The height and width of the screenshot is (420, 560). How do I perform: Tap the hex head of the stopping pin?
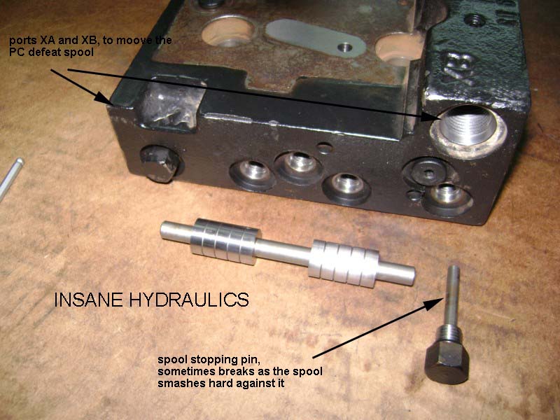pyautogui.click(x=447, y=362)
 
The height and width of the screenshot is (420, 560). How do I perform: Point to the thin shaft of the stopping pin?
pyautogui.click(x=452, y=295)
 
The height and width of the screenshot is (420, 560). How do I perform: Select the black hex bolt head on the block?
pyautogui.click(x=160, y=164)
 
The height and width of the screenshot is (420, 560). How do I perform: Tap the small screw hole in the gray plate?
pyautogui.click(x=344, y=47)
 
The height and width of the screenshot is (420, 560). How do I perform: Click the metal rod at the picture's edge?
pyautogui.click(x=10, y=178)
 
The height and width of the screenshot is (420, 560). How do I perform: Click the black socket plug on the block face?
pyautogui.click(x=428, y=173)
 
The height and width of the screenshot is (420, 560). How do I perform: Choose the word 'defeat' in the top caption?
pyautogui.click(x=54, y=52)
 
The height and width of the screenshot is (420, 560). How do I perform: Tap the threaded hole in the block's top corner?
pyautogui.click(x=474, y=20)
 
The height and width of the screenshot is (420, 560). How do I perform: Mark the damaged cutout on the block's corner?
pyautogui.click(x=169, y=106)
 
